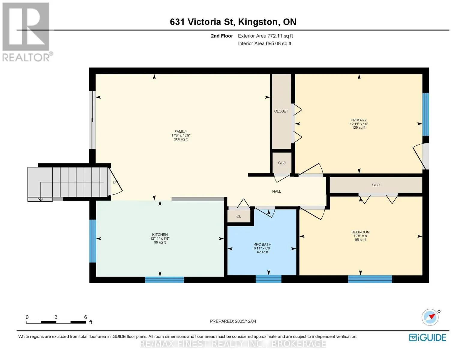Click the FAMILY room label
(181, 131)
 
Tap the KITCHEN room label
(160, 235)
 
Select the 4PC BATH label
(263, 244)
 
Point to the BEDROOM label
(360, 232)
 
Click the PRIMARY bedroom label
(358, 120)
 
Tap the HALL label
(277, 191)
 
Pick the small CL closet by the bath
(239, 216)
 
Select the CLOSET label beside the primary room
(281, 111)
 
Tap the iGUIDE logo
(428, 337)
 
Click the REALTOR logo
(27, 32)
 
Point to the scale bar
(56, 322)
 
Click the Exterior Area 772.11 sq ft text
(265, 36)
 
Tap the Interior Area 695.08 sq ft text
(265, 43)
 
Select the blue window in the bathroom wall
(268, 279)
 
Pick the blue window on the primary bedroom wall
(425, 115)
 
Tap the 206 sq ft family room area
(181, 139)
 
